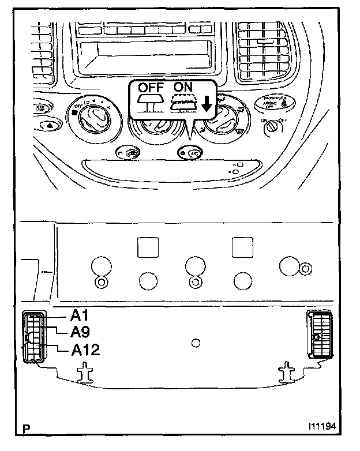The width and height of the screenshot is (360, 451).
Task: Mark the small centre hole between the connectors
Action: (x=196, y=343)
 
